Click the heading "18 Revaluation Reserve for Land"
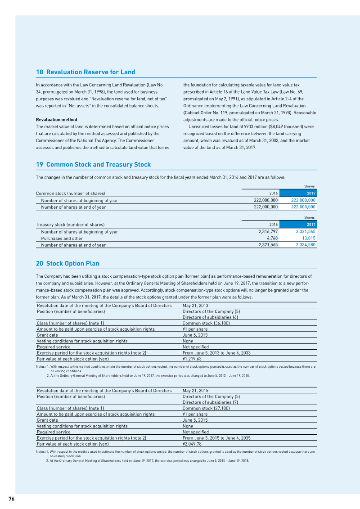[85, 72]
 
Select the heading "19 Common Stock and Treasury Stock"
[93, 165]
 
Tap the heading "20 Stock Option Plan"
[67, 264]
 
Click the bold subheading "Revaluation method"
[56, 120]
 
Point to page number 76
[11, 498]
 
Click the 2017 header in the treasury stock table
[311, 225]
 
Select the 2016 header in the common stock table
[273, 194]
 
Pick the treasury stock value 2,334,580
[306, 245]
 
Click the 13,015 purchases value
[308, 239]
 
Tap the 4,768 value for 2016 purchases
[272, 239]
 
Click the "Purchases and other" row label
[62, 239]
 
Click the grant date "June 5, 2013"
[195, 335]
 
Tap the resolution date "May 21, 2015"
[195, 390]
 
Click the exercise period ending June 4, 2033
[216, 353]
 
